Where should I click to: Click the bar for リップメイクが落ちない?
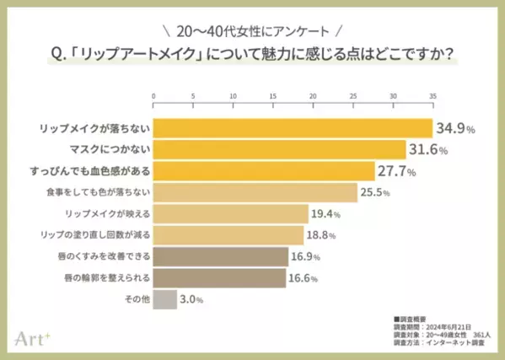pyautogui.click(x=293, y=129)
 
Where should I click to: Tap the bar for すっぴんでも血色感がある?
pyautogui.click(x=264, y=171)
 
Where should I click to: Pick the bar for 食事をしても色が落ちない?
pyautogui.click(x=255, y=193)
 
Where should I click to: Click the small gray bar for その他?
pyautogui.click(x=165, y=299)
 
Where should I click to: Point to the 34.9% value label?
pyautogui.click(x=456, y=129)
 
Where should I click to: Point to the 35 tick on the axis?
pyautogui.click(x=432, y=96)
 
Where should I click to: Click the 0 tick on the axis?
pyautogui.click(x=153, y=96)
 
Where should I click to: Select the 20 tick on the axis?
pyautogui.click(x=313, y=96)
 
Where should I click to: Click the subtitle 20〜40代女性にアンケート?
pyautogui.click(x=252, y=31)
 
